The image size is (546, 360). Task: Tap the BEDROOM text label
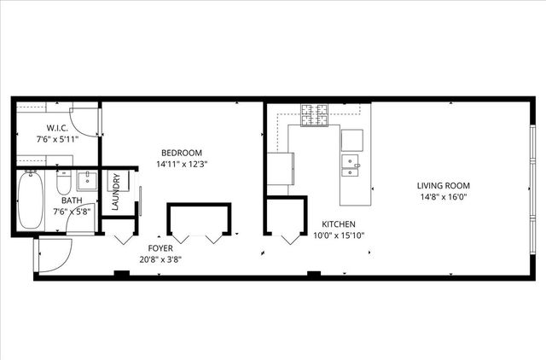coord(182,152)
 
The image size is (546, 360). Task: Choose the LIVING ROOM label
coord(443,185)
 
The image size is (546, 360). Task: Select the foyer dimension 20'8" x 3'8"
coord(160,259)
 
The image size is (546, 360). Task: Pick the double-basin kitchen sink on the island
coord(351,164)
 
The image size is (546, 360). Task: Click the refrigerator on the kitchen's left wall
coord(280,168)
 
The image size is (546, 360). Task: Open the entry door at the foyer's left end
coord(53,255)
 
